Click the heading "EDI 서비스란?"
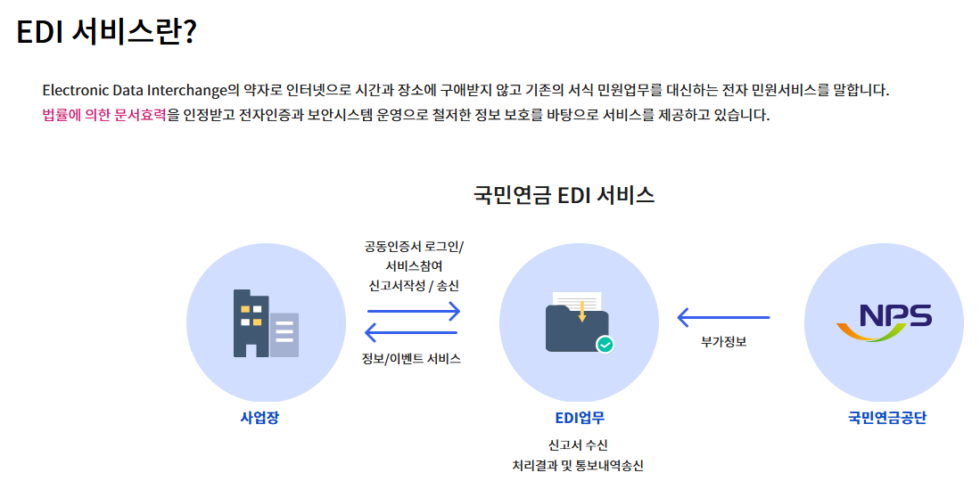pyautogui.click(x=106, y=32)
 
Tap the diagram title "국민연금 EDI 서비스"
pyautogui.click(x=564, y=195)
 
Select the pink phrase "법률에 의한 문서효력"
pyautogui.click(x=103, y=116)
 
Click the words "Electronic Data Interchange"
pyautogui.click(x=135, y=90)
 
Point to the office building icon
pyautogui.click(x=266, y=322)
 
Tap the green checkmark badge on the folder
pyautogui.click(x=605, y=343)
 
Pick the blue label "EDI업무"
pyautogui.click(x=580, y=417)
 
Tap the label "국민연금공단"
pyautogui.click(x=886, y=417)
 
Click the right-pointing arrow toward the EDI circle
pyautogui.click(x=414, y=311)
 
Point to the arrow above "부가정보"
pyautogui.click(x=723, y=317)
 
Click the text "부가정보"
pyautogui.click(x=723, y=340)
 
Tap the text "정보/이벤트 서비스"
pyautogui.click(x=411, y=359)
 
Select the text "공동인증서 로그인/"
pyautogui.click(x=414, y=247)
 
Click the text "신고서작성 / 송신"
pyautogui.click(x=414, y=286)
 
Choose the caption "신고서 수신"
pyautogui.click(x=578, y=444)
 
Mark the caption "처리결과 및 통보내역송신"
pyautogui.click(x=578, y=465)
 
